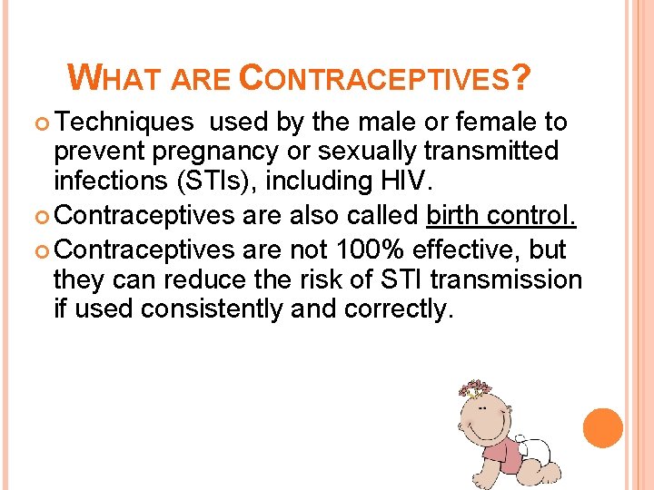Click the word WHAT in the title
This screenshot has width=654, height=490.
(115, 79)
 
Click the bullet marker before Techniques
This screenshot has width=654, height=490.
(46, 122)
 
